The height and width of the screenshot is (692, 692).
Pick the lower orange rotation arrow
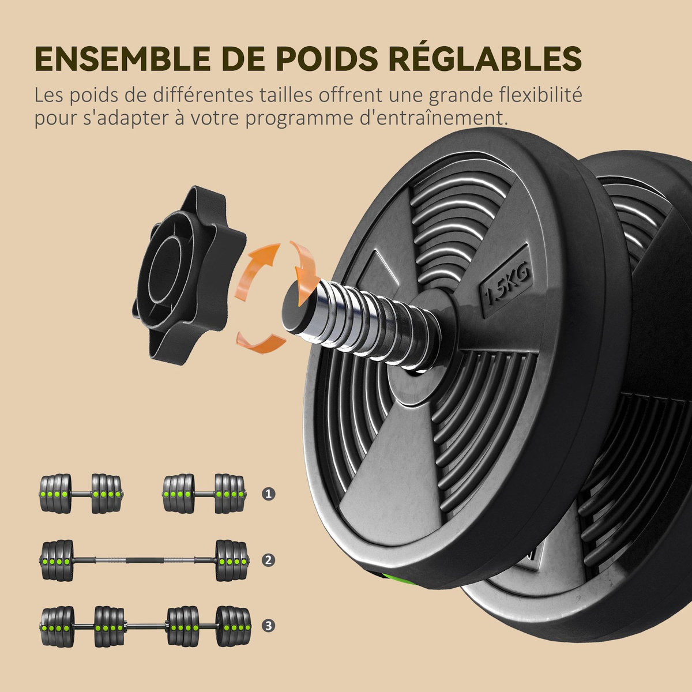pyautogui.click(x=262, y=341)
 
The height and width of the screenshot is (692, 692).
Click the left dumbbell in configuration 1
pyautogui.click(x=81, y=494)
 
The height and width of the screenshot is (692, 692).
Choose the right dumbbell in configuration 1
pyautogui.click(x=204, y=494)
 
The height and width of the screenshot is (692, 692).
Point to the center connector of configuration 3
pyautogui.click(x=144, y=626)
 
